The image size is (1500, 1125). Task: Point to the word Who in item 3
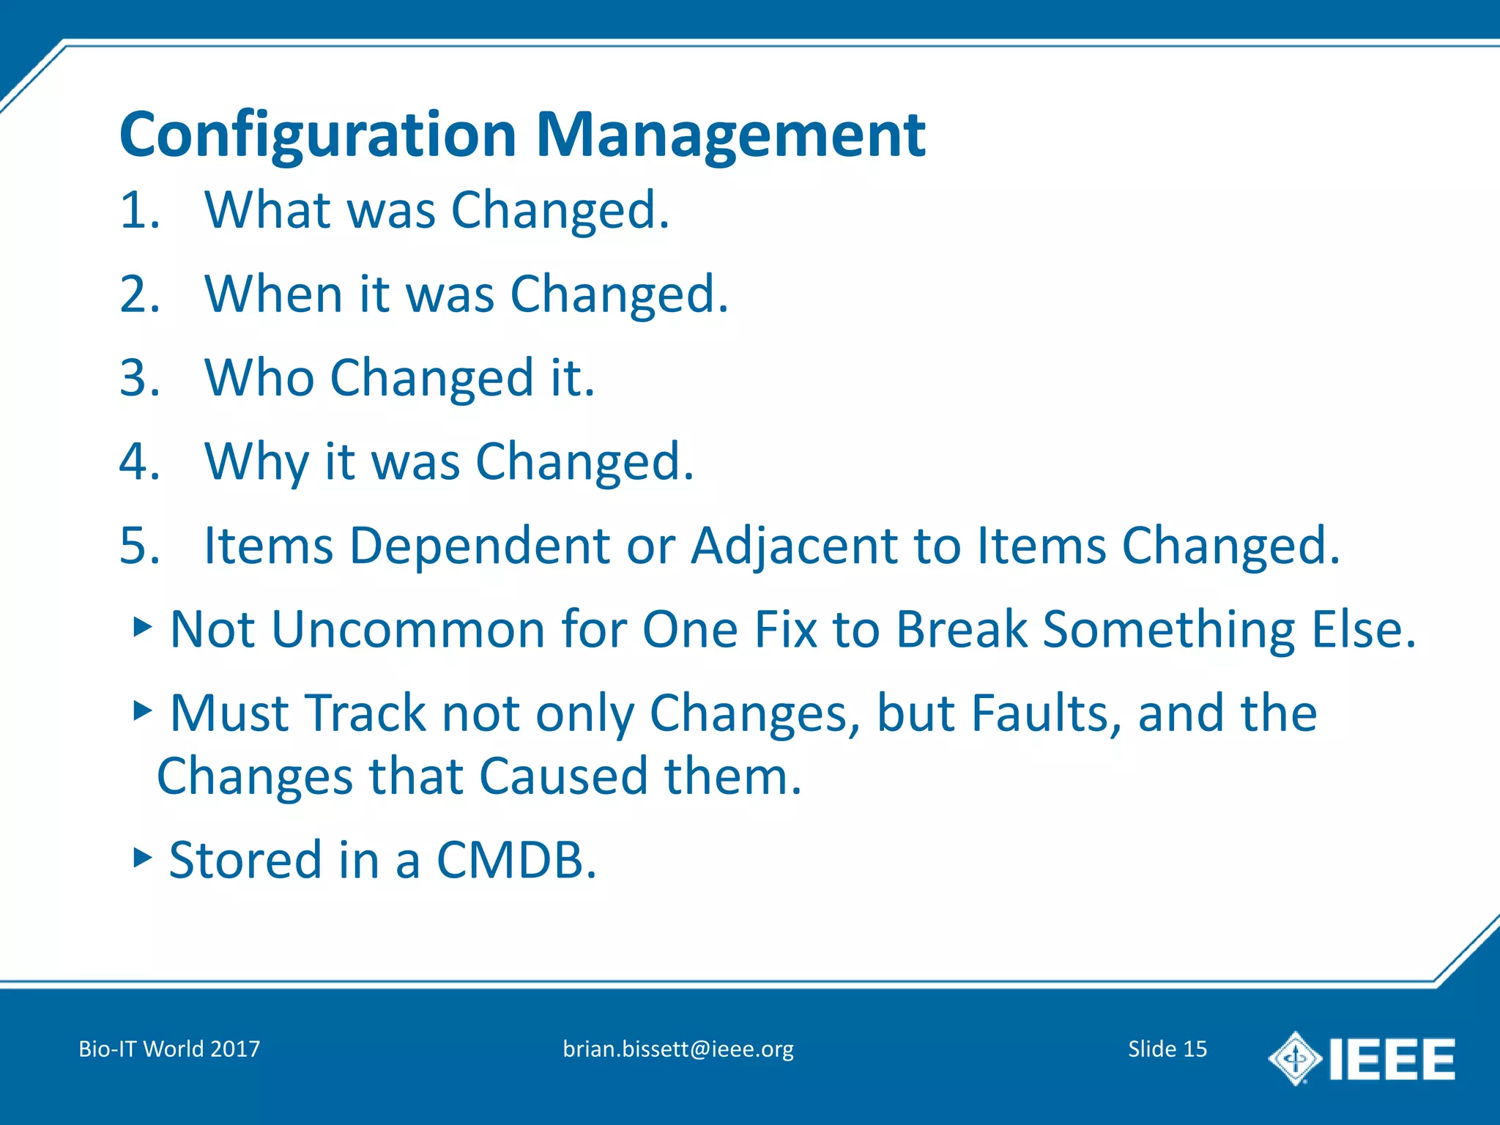[259, 379]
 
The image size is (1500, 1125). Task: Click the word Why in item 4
[256, 463]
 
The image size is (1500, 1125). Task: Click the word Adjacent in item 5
[793, 546]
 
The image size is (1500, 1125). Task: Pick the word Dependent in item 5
[480, 546]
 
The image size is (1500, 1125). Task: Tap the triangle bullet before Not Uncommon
[143, 626]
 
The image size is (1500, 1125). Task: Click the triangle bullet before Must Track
[143, 710]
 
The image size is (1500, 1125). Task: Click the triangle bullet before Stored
[143, 857]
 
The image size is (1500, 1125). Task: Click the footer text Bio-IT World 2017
[169, 1049]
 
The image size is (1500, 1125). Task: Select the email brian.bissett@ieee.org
[678, 1049]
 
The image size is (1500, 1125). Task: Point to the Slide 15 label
[1167, 1049]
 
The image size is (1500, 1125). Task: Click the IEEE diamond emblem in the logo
[1295, 1058]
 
